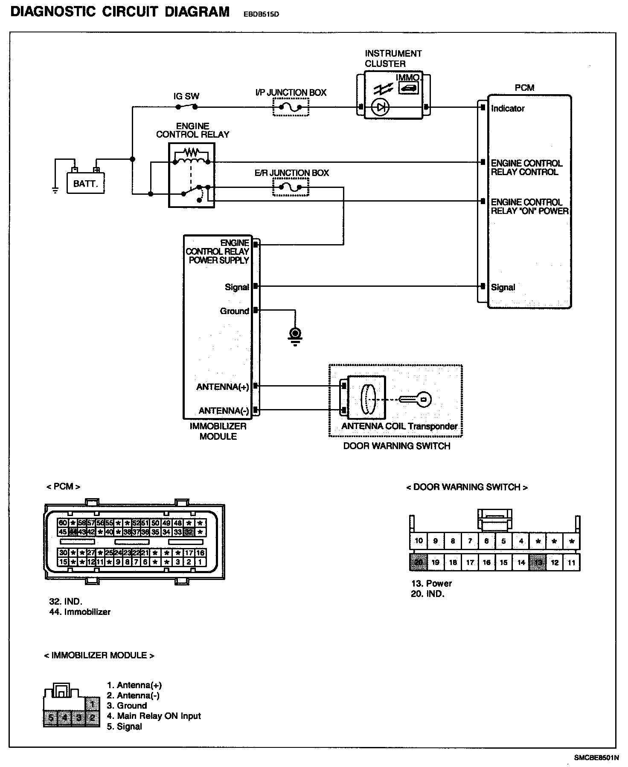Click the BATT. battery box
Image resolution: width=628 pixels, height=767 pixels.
tap(85, 183)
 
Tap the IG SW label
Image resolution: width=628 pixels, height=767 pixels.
tap(186, 96)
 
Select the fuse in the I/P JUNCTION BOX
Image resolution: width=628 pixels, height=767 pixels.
tap(291, 107)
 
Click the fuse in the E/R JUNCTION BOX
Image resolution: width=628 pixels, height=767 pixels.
tap(291, 187)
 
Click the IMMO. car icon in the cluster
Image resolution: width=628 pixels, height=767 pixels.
tap(408, 88)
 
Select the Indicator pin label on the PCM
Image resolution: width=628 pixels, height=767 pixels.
tap(508, 109)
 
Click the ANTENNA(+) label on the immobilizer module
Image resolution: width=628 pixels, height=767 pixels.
tap(222, 387)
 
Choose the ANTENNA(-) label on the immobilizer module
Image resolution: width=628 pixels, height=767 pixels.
tap(224, 411)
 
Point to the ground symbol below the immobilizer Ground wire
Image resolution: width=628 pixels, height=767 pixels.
tap(295, 335)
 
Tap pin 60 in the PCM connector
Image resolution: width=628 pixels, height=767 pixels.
tap(63, 523)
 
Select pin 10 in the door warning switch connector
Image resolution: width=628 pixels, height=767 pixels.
tap(419, 541)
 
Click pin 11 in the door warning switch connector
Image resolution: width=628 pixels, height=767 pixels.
tap(571, 562)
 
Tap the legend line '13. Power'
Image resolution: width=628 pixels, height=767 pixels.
tap(431, 583)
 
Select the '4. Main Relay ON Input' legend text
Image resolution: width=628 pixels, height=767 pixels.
tap(154, 716)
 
